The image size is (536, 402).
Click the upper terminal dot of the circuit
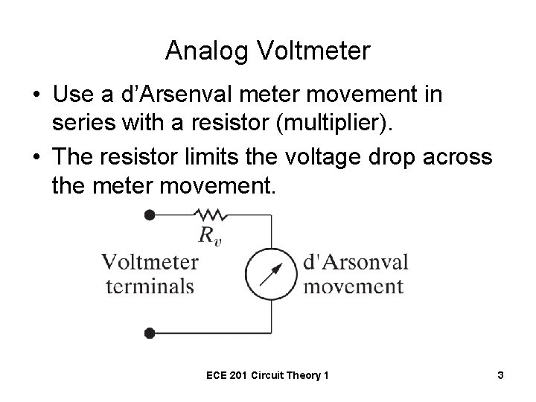click(x=150, y=215)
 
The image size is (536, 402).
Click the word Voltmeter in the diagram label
click(x=150, y=262)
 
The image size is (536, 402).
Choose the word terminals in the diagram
click(x=150, y=286)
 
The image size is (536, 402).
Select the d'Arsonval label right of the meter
click(x=356, y=262)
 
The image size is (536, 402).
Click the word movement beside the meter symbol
click(x=354, y=286)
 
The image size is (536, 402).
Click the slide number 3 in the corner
click(x=501, y=376)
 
